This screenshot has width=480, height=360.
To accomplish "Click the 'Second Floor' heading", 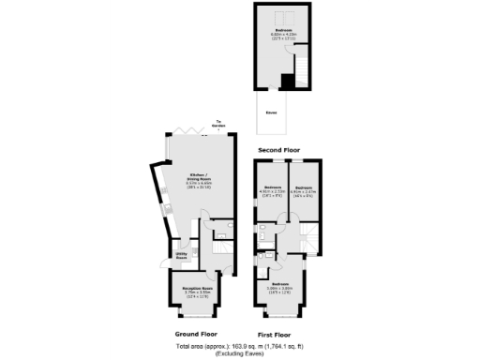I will point(280,148).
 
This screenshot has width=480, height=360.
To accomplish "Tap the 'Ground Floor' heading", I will point(198,333).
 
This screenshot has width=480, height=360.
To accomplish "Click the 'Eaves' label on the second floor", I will point(272,112).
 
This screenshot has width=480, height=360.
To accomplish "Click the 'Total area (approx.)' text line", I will point(239,346).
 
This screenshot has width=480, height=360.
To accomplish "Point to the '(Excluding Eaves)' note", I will point(239,353).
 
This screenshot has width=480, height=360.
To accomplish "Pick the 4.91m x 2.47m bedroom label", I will point(304,190).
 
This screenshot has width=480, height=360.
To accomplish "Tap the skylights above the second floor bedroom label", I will point(282,16).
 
